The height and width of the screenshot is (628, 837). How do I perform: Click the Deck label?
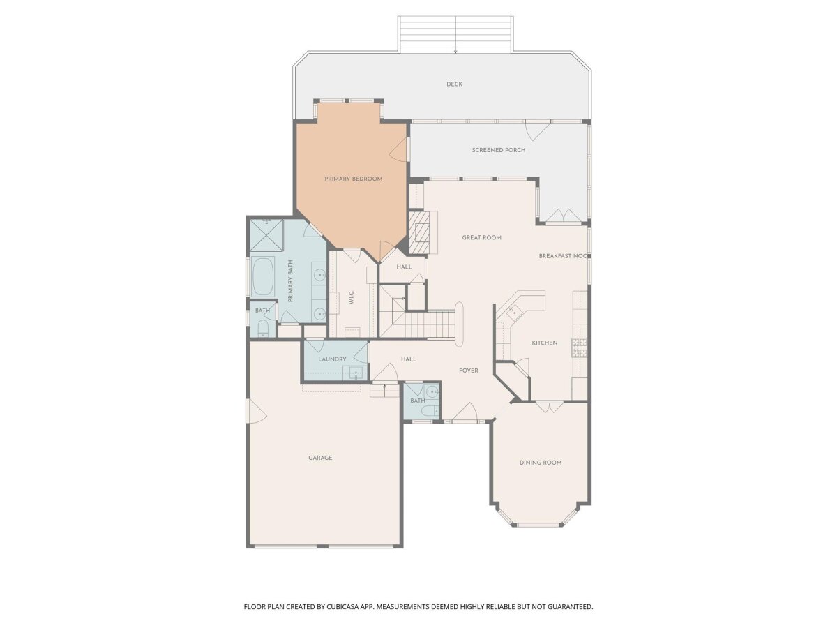coord(454,84)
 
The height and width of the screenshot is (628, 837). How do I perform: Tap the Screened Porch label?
coord(499,150)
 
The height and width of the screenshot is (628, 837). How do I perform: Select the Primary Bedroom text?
coord(353,179)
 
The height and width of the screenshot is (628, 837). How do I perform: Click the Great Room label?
coord(481,237)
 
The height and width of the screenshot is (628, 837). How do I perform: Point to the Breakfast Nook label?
coord(563,256)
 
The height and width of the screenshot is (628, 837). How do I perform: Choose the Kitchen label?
coord(545,343)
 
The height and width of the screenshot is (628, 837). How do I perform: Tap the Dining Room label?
coord(541,463)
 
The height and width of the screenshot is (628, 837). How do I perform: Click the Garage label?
coord(320,458)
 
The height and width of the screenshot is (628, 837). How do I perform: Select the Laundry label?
coord(332,359)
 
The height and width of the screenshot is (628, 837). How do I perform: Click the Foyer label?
coord(468,371)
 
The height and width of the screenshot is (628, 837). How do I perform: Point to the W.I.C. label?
coord(352,297)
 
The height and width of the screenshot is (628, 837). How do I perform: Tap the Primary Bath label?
coord(291,281)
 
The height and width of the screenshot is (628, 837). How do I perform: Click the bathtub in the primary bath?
coord(263,276)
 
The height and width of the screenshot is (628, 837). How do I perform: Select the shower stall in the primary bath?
coord(266,235)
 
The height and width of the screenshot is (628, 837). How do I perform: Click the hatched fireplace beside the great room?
coord(418,232)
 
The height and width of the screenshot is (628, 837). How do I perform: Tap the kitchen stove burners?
coord(579,347)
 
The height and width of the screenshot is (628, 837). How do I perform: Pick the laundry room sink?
coord(356,372)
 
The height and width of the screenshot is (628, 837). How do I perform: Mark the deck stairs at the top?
coord(455,33)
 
